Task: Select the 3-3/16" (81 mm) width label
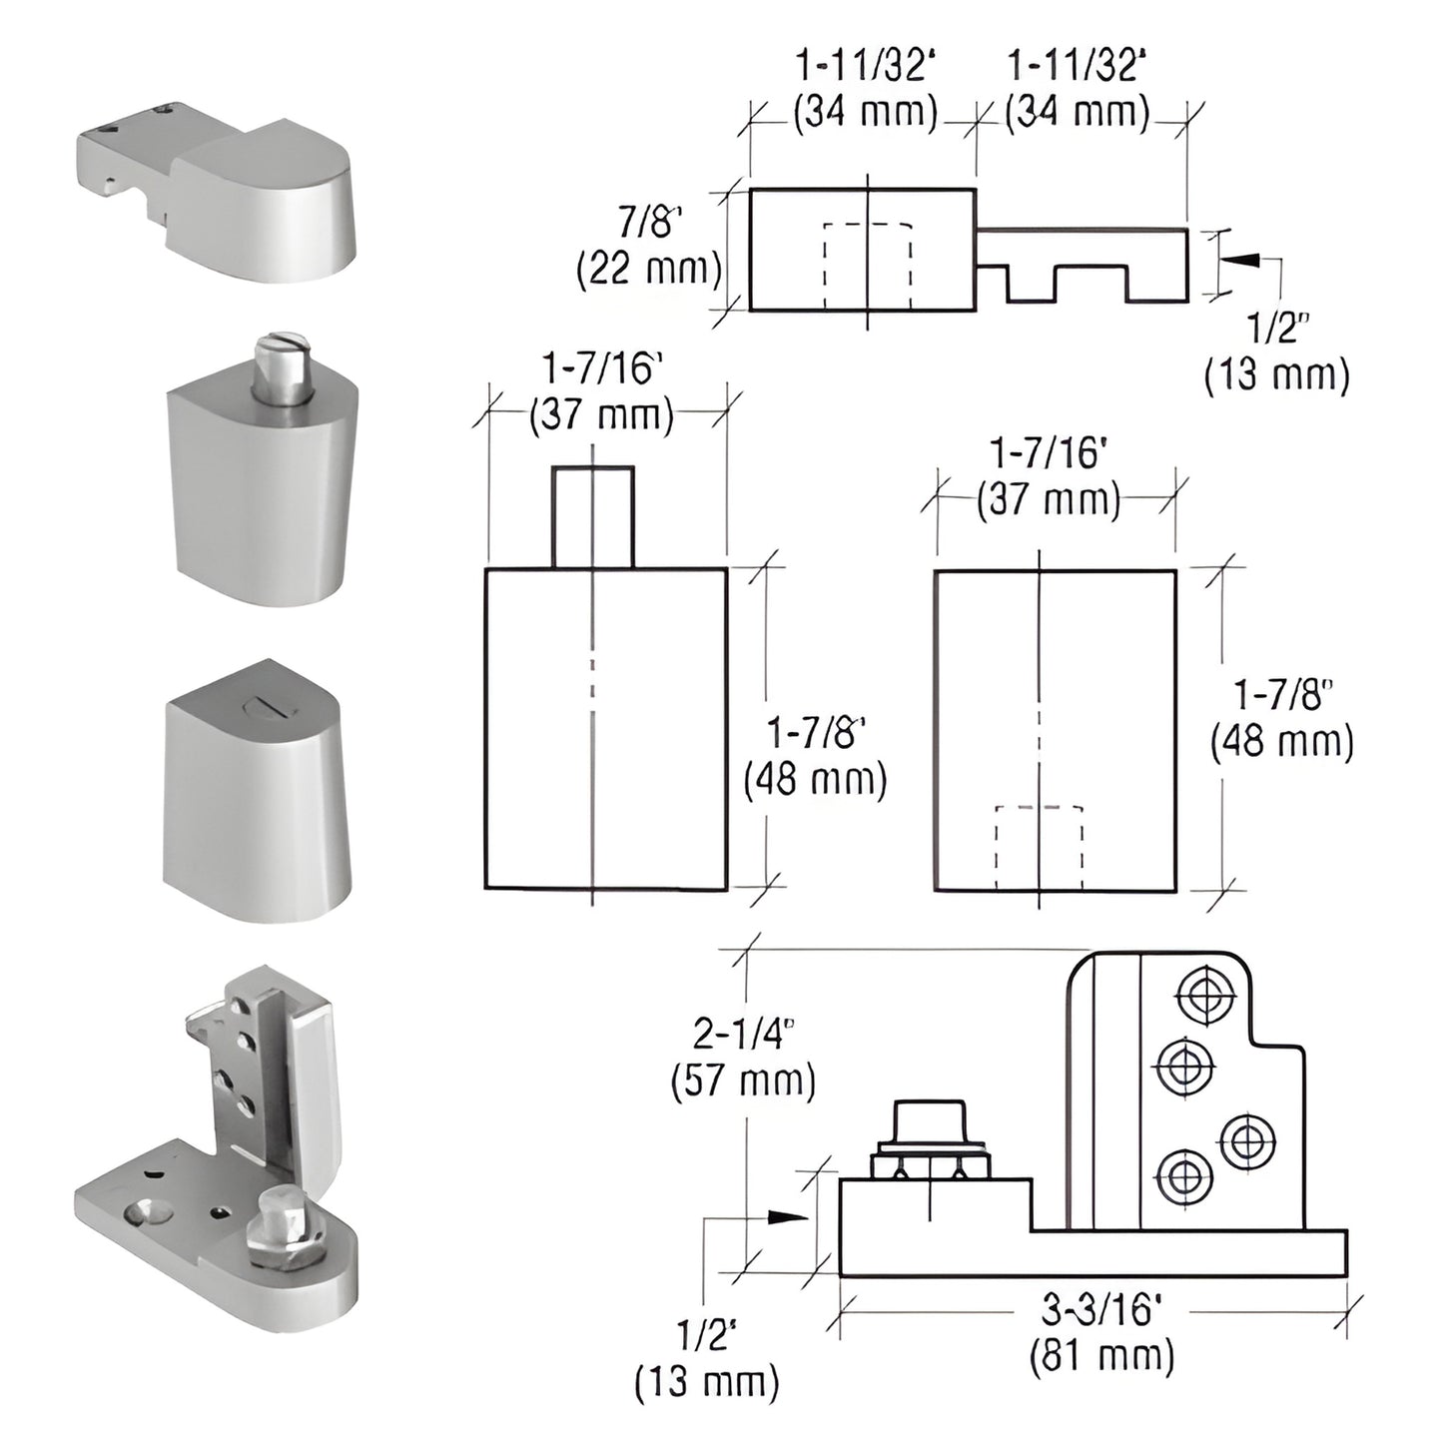1101,1332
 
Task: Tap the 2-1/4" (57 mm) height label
743,1059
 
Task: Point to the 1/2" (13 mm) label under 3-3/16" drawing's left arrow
706,1358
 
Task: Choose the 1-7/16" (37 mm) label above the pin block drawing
601,391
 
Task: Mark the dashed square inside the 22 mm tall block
867,266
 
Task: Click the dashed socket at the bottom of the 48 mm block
1039,847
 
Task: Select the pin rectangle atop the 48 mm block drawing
592,516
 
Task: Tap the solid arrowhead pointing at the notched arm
1237,259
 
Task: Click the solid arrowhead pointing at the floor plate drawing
789,1216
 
